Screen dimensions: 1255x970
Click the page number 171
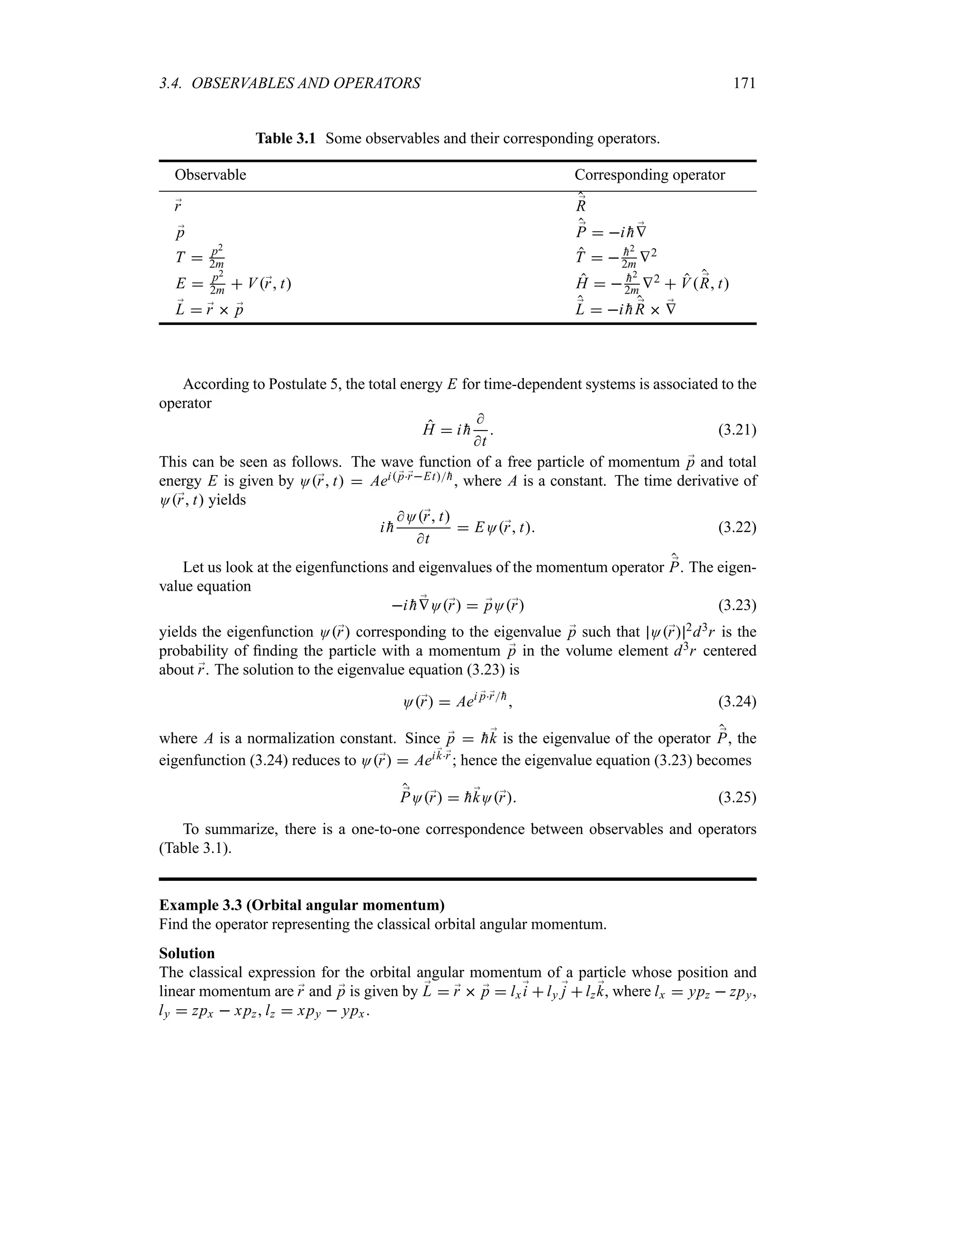click(744, 84)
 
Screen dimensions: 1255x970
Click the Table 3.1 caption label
click(285, 138)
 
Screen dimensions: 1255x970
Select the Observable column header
click(210, 175)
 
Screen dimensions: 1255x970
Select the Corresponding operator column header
click(649, 175)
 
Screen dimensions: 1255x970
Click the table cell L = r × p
click(213, 310)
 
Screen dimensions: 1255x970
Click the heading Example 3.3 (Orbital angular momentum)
click(302, 905)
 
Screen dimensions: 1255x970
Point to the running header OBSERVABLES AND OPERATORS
click(305, 84)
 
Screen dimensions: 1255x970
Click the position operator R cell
click(581, 204)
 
